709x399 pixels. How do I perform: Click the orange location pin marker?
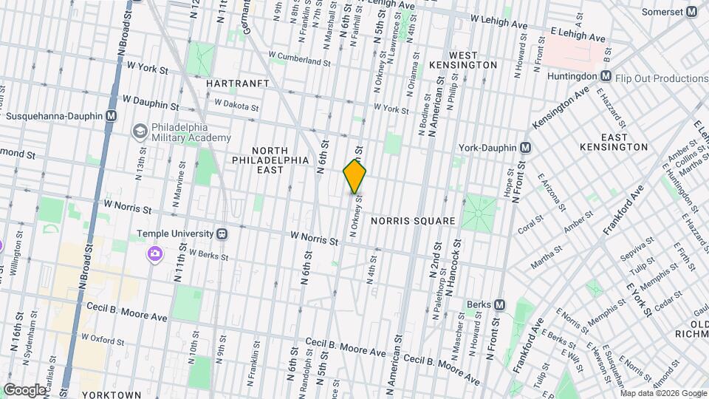[354, 176]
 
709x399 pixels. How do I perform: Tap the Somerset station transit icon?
[691, 12]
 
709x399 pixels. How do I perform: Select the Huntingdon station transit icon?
[605, 76]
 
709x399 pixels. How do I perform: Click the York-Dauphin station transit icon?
[524, 148]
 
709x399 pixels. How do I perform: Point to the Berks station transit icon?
[499, 304]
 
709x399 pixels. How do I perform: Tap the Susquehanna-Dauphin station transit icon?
[111, 116]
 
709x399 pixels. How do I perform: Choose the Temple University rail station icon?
[222, 234]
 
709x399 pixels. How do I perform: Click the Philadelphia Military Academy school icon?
[139, 132]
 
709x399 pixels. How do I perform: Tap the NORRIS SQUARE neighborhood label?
[412, 220]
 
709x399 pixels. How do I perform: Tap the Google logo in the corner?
[24, 389]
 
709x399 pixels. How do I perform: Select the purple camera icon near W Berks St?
[154, 254]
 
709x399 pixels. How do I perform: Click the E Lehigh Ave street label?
[578, 36]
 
